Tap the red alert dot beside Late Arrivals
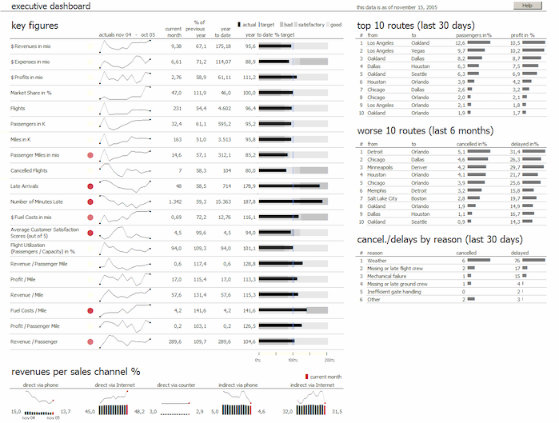point(90,186)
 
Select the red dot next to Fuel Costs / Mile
point(90,310)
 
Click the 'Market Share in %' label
point(31,93)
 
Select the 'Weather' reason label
point(377,260)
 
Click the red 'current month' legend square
point(306,376)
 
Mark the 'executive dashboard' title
point(39,6)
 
